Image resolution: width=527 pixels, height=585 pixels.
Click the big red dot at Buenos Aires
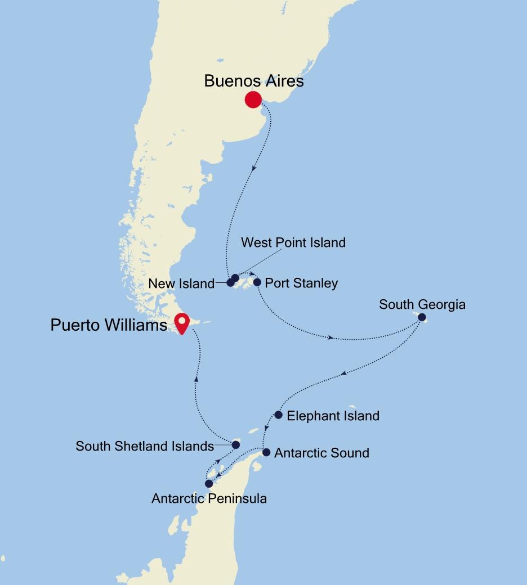253,100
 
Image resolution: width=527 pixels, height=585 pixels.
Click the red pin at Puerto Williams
182,323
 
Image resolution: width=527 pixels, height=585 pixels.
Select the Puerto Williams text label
109,325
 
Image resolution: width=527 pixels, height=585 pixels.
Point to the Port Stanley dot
257,282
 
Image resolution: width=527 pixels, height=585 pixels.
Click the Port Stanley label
301,283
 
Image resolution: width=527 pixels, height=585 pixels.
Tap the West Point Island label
293,243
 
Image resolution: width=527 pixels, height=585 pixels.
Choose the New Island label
181,284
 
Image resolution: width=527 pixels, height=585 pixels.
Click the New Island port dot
230,283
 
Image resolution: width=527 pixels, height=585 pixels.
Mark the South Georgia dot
422,317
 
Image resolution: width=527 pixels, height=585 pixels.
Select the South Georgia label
422,305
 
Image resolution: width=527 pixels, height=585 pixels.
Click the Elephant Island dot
278,415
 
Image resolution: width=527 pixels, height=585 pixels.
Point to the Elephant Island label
333,416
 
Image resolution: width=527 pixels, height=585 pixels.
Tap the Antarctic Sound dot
266,452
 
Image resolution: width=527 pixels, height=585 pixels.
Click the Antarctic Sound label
321,453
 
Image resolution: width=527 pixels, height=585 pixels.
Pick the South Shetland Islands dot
236,445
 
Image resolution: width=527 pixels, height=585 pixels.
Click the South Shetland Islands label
145,446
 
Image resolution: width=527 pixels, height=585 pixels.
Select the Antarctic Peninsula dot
209,484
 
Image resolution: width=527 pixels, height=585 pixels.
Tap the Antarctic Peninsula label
209,498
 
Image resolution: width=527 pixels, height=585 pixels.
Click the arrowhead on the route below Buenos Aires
255,167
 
